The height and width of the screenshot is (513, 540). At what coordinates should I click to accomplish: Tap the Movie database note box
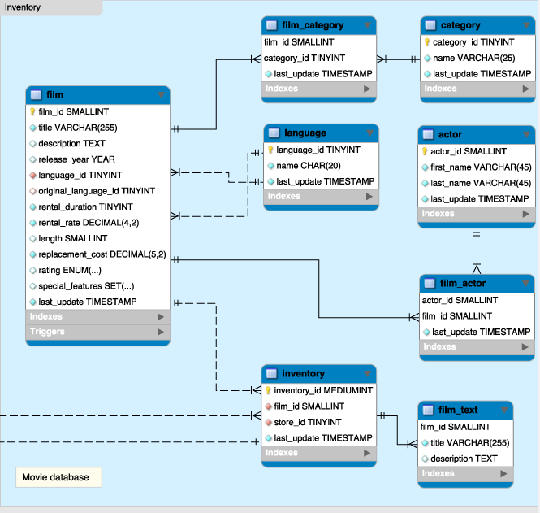[x=56, y=477]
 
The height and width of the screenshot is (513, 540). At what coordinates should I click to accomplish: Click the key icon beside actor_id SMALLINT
[x=425, y=151]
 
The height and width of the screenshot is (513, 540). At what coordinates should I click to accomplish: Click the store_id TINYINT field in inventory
[x=307, y=422]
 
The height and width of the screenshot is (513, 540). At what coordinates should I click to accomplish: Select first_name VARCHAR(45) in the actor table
[x=480, y=167]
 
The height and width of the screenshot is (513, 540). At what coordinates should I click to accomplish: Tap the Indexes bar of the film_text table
[x=465, y=474]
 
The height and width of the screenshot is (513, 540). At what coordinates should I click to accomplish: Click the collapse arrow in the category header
[x=525, y=25]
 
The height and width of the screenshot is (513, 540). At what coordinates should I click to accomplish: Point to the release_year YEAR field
[x=76, y=159]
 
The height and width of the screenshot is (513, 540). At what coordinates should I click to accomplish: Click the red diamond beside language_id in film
[x=32, y=175]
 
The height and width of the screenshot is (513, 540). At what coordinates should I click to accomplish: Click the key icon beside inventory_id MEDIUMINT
[x=268, y=390]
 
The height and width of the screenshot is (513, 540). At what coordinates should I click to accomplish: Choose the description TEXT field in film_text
[x=464, y=459]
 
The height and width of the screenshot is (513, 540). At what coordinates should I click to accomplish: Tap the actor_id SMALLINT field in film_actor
[x=459, y=300]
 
